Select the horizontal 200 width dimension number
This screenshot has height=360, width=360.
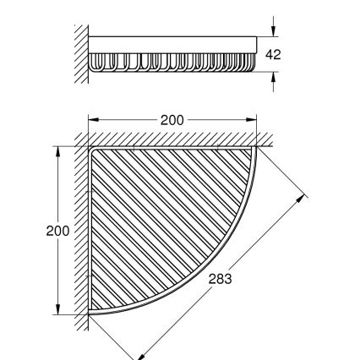point(172,119)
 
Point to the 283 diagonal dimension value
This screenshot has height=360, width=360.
point(218,276)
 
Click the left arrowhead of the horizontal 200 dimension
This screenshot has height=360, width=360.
point(94,119)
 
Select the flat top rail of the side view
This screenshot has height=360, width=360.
point(173,42)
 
